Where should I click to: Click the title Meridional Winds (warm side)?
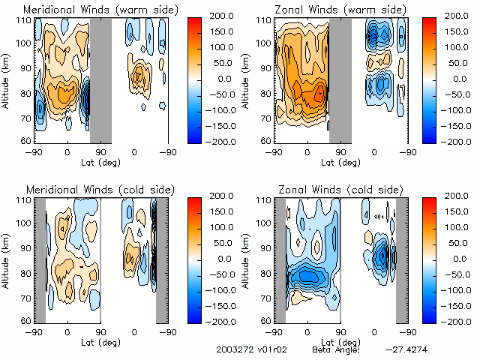pos(90,10)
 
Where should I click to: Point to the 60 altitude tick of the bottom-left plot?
pos(24,320)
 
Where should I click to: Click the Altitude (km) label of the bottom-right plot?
pos(244,259)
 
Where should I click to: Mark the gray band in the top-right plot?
pos(340,79)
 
